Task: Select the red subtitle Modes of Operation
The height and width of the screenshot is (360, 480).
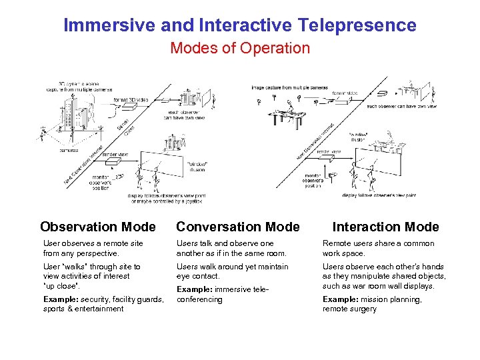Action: pos(240,49)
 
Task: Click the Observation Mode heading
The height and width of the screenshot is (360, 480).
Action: pos(98,227)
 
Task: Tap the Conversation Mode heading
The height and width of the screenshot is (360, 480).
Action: pos(238,227)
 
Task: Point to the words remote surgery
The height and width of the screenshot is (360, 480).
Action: pos(349,309)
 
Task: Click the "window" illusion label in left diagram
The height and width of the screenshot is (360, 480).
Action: pos(197,166)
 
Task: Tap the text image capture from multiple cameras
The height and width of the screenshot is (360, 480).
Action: pos(289,87)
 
